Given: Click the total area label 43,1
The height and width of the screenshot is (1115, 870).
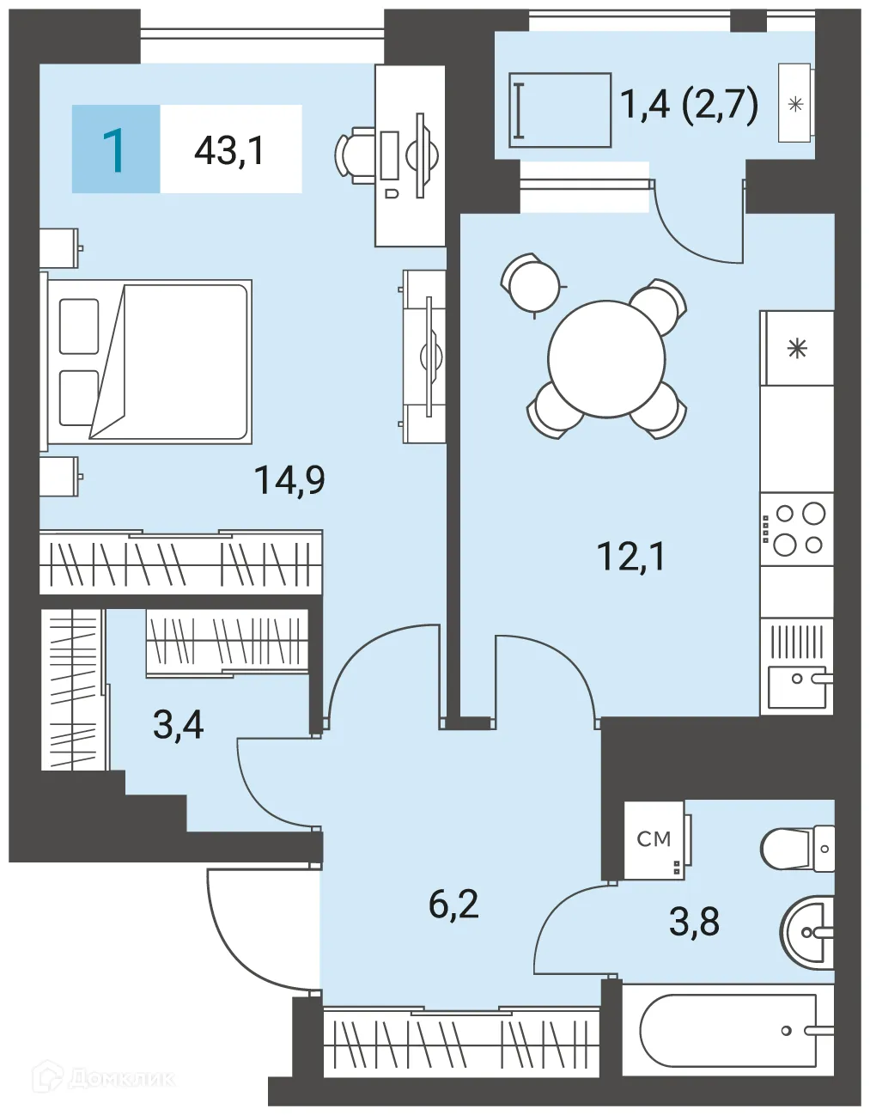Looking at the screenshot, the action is (229, 150).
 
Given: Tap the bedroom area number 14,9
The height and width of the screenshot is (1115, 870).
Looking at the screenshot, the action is (289, 479).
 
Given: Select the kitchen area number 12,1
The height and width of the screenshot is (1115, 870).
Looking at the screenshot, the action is (631, 557).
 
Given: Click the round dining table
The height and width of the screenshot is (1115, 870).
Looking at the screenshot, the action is (606, 359).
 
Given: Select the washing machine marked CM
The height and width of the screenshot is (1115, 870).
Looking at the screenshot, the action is (654, 839).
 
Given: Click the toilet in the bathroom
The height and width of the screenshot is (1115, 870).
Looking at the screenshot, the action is (798, 848).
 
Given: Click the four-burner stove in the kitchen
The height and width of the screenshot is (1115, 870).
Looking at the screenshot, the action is (797, 529).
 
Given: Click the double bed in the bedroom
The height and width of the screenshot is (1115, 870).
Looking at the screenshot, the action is (146, 362).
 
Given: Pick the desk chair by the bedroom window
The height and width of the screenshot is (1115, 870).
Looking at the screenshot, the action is (354, 155).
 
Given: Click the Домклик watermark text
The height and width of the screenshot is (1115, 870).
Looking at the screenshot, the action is (121, 1079).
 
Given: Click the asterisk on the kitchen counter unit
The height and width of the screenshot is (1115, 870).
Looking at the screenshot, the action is (797, 349).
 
